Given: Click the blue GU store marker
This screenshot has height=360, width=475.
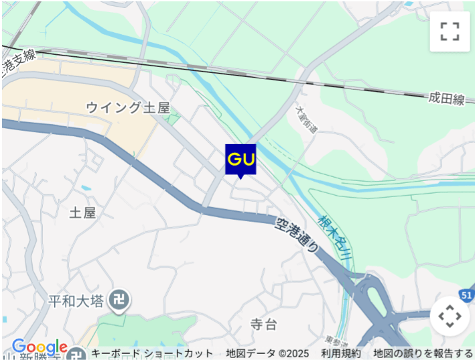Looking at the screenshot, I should tap(241, 160).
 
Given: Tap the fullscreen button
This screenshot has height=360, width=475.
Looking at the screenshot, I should tap(450, 31).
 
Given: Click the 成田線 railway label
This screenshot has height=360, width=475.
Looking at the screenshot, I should tap(447, 99).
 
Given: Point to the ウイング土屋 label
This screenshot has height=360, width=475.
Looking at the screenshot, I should tap(128, 107).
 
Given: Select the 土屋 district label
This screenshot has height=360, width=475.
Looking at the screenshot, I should tap(83, 213).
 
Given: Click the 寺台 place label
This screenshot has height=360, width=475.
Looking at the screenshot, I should tap(263, 325).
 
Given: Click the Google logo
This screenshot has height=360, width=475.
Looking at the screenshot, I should tap(40, 347).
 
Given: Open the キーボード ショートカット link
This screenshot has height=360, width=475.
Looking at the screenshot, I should tap(152, 353).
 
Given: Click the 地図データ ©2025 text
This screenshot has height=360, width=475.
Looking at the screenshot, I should tap(267, 353).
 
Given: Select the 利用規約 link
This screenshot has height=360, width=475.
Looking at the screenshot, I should tap(340, 353).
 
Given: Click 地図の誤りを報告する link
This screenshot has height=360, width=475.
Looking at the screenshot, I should tap(423, 353).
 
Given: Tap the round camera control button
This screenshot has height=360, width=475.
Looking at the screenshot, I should tap(449, 316).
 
